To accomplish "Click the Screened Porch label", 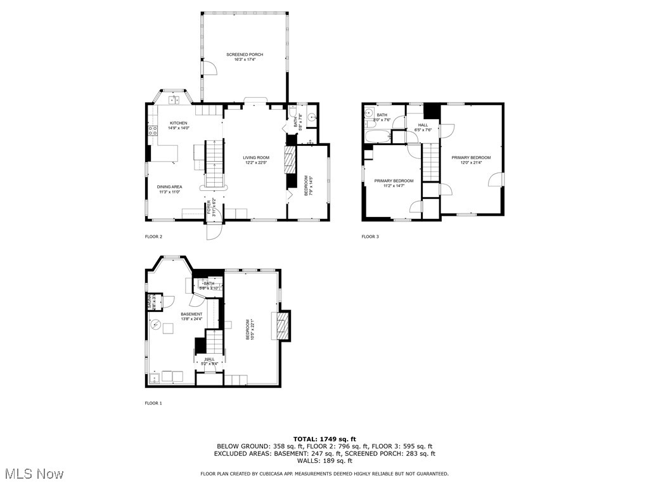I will click(245, 55).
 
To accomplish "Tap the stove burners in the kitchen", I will click(152, 131).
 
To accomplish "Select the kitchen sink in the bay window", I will click(174, 99).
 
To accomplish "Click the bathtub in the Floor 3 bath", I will click(377, 135).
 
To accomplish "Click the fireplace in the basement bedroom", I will click(283, 325).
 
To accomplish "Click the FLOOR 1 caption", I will click(153, 403).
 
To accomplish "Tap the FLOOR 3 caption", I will click(370, 237).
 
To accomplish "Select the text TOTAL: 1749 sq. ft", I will click(324, 439).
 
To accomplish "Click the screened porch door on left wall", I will click(208, 68).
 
